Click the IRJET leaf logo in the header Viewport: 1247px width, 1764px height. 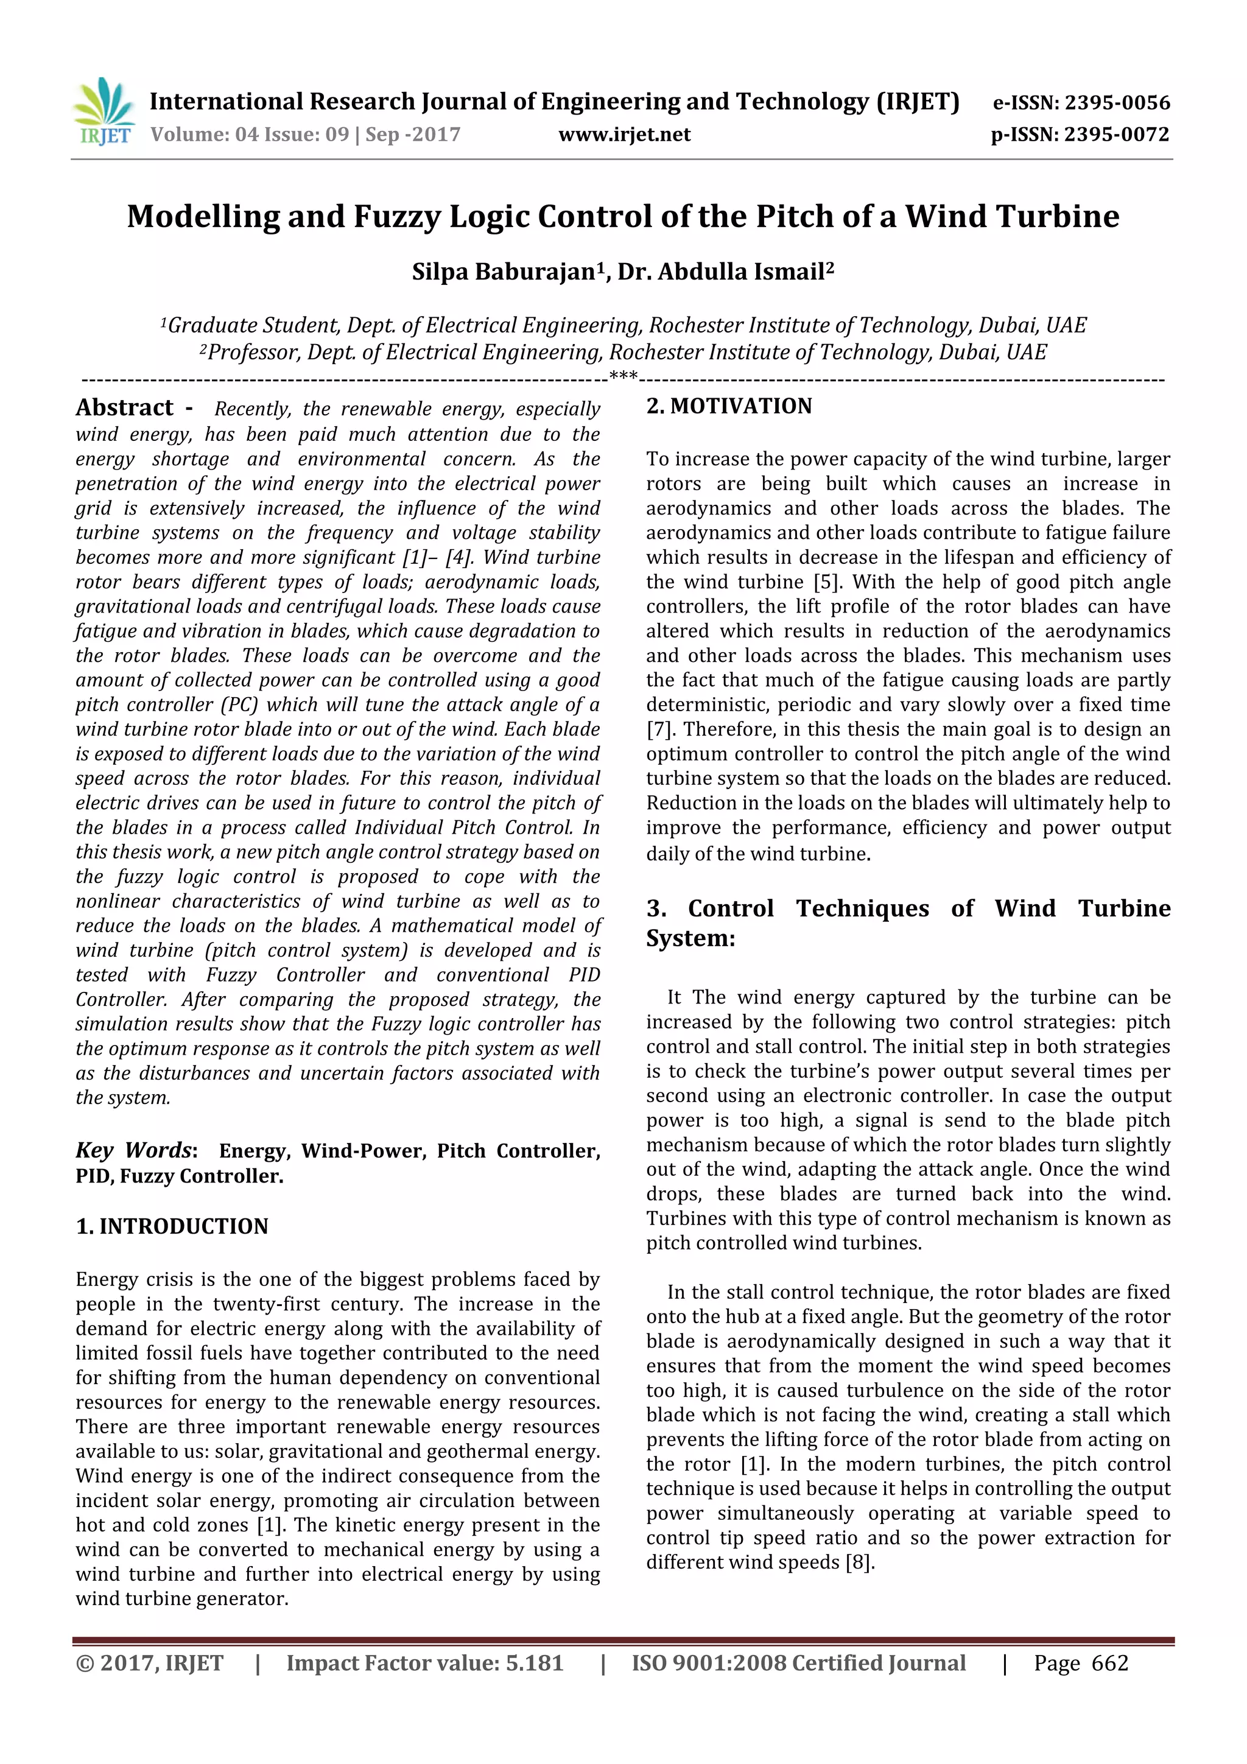104,112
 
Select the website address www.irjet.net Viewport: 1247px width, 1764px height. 624,135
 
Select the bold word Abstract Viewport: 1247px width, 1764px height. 124,407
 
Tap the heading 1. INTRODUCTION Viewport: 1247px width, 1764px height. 172,1226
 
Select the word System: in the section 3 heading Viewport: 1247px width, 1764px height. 690,938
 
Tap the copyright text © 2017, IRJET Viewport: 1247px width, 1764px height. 150,1664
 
